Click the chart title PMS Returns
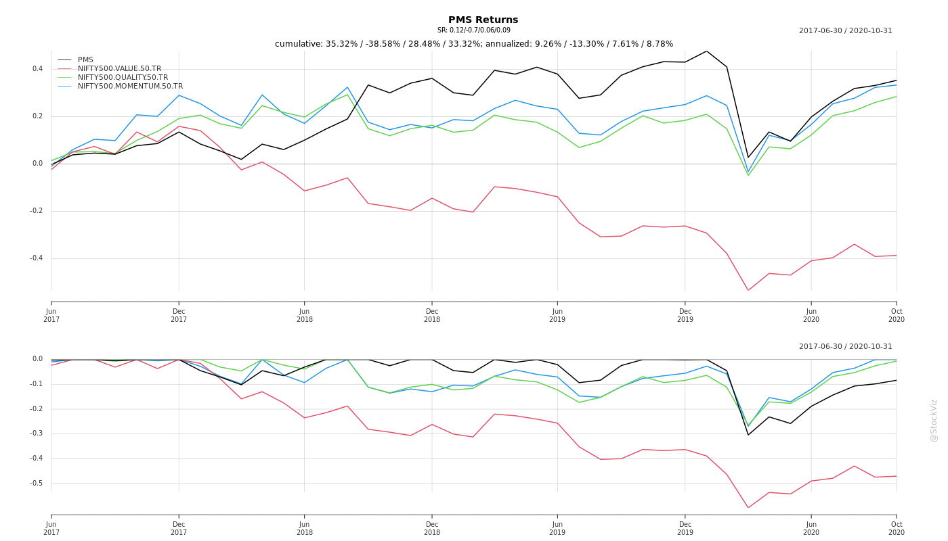tap(483, 20)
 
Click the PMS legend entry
tap(85, 60)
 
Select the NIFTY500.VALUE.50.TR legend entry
tap(119, 69)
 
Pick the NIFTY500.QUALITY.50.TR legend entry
tap(123, 78)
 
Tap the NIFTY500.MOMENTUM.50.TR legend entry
tap(130, 87)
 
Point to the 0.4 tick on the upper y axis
tap(37, 69)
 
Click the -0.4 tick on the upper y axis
tap(36, 258)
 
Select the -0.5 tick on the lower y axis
tap(36, 484)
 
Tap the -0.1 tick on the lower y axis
tap(36, 384)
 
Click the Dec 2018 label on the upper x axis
tap(432, 315)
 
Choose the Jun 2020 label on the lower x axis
tap(811, 528)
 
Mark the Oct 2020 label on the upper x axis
tap(897, 315)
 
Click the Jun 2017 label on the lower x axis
tap(51, 528)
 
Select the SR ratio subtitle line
tap(474, 30)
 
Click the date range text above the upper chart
tap(845, 31)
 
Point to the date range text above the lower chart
tap(845, 347)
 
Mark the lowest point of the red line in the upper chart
tap(748, 291)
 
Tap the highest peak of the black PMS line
tap(706, 51)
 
